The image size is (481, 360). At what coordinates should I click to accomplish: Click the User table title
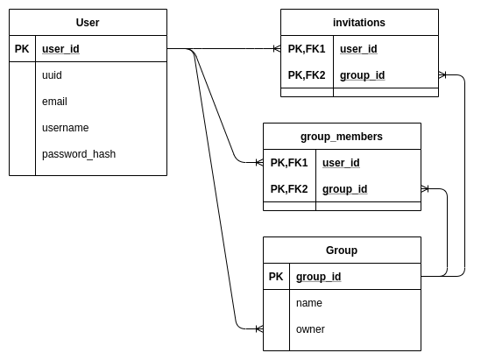88,22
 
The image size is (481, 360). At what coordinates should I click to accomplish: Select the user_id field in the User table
60,49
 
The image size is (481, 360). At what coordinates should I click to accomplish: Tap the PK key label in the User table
22,49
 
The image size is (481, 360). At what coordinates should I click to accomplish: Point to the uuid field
52,75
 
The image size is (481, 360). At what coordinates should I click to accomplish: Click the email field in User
54,102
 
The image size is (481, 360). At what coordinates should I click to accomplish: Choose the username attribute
65,128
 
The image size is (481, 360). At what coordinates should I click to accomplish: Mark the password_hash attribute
79,154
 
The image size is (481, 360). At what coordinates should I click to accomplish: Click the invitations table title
359,22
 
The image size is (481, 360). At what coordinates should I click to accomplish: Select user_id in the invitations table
358,49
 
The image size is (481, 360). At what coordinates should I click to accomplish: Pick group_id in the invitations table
362,75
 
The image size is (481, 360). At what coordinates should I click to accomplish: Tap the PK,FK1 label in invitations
307,49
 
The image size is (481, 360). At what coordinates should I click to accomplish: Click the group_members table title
342,136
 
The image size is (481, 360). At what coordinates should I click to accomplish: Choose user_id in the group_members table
341,163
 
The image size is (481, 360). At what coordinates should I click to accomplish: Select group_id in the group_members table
344,189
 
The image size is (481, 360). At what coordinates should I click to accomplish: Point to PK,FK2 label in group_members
289,189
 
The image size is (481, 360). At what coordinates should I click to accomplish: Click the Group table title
342,250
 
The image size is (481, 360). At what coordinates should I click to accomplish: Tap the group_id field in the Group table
318,277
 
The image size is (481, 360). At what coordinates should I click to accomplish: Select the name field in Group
309,303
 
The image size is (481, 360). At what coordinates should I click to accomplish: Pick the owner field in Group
310,329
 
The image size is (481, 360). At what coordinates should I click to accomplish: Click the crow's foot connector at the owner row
258,329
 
